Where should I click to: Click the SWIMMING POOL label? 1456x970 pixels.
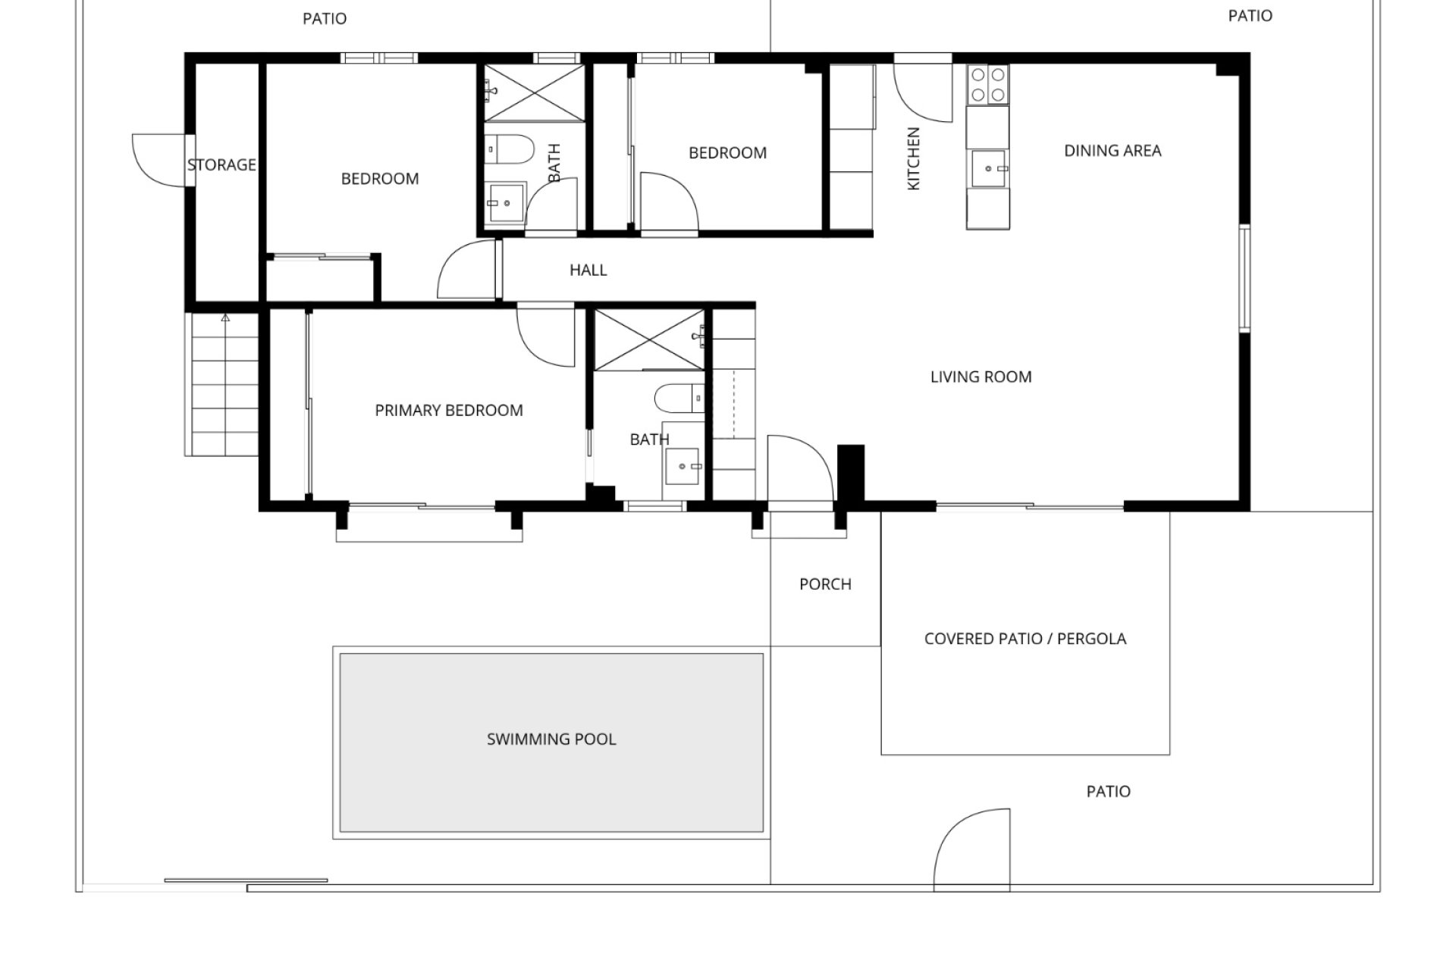[x=551, y=739]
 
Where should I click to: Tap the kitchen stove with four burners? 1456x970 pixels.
[x=988, y=85]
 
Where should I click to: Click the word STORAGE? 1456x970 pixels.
[x=221, y=164]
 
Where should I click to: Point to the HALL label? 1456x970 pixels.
[x=588, y=270]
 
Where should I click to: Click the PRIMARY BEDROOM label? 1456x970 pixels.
[x=449, y=411]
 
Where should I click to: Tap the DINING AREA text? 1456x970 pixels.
[x=1112, y=151]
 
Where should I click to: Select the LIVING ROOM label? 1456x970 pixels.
[x=981, y=377]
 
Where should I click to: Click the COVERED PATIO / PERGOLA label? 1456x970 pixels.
[x=1025, y=639]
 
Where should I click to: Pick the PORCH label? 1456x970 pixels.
[x=825, y=584]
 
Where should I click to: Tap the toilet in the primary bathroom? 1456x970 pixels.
[x=680, y=398]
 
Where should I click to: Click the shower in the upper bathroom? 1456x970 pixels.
[x=535, y=92]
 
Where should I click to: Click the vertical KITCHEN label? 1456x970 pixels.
[x=914, y=158]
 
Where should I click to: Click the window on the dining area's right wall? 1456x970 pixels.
[x=1244, y=278]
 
